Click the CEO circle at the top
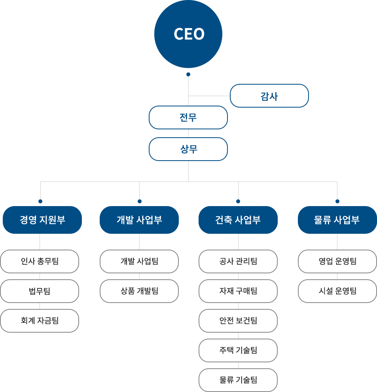click(188, 34)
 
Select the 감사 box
click(269, 96)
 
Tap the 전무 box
click(188, 117)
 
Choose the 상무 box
click(188, 149)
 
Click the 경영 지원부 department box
click(42, 220)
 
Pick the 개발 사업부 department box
click(139, 220)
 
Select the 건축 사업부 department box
click(238, 220)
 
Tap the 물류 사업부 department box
click(337, 220)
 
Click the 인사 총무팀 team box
click(40, 261)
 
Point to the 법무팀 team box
click(40, 291)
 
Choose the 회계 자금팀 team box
click(40, 321)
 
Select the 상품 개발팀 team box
click(139, 291)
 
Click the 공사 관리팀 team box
click(238, 261)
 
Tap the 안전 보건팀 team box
click(238, 321)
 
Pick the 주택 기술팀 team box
click(238, 350)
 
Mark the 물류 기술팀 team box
click(238, 380)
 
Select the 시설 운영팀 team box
click(337, 291)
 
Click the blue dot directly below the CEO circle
click(188, 74)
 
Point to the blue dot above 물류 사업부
click(337, 201)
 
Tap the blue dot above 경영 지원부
click(40, 201)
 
